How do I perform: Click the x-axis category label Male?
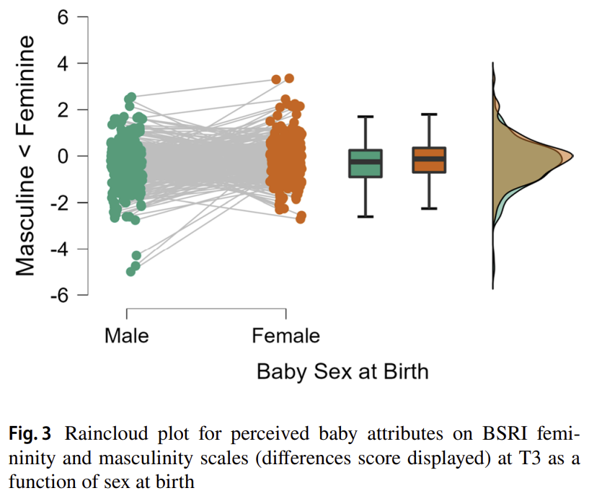pyautogui.click(x=127, y=335)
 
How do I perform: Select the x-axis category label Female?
pyautogui.click(x=286, y=335)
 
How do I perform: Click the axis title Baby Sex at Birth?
pyautogui.click(x=342, y=371)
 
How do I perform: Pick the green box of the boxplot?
pyautogui.click(x=366, y=164)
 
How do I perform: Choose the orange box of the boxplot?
pyautogui.click(x=429, y=159)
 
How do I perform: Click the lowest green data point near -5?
pyautogui.click(x=130, y=272)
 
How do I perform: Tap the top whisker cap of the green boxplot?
pyautogui.click(x=366, y=117)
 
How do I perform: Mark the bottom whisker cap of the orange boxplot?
pyautogui.click(x=429, y=208)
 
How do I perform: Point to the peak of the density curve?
pyautogui.click(x=572, y=156)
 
